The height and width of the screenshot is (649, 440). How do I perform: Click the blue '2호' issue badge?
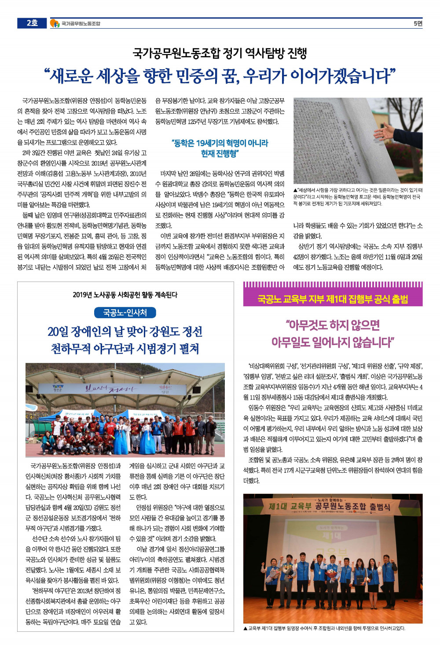pos(32,23)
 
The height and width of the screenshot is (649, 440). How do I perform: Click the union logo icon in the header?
pos(55,23)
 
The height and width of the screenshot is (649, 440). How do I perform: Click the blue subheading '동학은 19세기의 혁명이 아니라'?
pos(220,143)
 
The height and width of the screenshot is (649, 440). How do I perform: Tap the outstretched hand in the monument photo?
pos(383,130)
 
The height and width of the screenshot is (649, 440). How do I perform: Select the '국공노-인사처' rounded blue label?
pos(125,313)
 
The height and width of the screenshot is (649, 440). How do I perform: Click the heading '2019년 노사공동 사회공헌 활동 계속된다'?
pos(125,295)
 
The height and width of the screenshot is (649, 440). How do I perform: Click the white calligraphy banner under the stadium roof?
pos(111,389)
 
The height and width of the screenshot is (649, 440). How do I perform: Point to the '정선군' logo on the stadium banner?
pos(57,389)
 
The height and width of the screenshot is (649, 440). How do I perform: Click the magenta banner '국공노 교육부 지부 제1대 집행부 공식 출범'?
pos(333,300)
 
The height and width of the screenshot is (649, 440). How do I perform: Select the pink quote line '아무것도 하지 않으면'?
pos(333,325)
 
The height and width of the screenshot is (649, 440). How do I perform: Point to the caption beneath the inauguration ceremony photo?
pos(324,628)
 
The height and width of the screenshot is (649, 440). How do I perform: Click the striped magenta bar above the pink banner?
pos(333,285)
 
